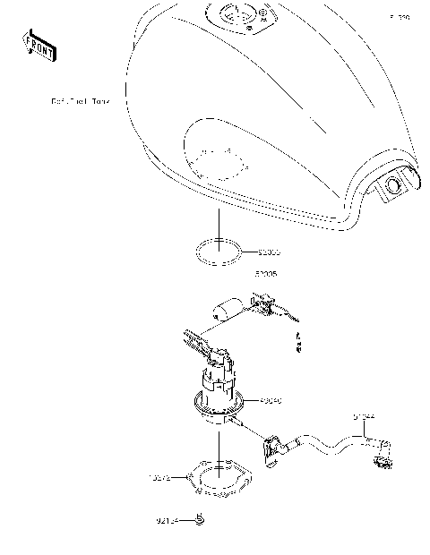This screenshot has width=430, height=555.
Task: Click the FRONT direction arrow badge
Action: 39,45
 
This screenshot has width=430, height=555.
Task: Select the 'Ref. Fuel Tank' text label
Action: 79,102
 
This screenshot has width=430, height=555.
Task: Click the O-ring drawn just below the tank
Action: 216,252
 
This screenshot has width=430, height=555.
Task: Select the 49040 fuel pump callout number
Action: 271,402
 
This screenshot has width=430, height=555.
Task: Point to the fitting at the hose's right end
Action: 384,461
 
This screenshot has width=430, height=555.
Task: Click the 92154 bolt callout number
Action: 168,520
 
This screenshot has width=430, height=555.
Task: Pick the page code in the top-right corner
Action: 399,17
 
